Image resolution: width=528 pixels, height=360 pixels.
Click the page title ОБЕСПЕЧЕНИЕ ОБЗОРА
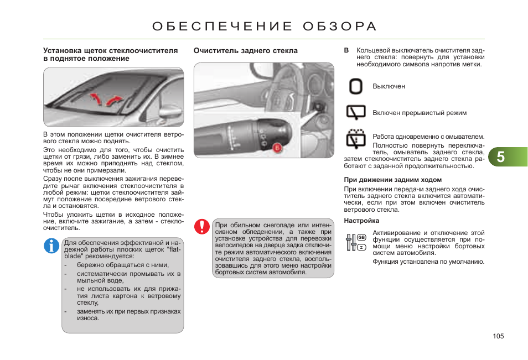pyautogui.click(x=264, y=27)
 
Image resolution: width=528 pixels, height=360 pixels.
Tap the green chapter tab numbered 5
pyautogui.click(x=501, y=157)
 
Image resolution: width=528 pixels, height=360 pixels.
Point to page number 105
pyautogui.click(x=498, y=336)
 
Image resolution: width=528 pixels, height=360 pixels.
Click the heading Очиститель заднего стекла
pyautogui.click(x=245, y=51)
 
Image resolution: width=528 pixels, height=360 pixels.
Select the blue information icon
pyautogui.click(x=51, y=246)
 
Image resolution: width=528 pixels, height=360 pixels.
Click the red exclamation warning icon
pyautogui.click(x=201, y=226)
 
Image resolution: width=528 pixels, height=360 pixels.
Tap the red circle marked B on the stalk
pyautogui.click(x=277, y=148)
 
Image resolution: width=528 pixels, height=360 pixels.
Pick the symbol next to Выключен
pyautogui.click(x=356, y=87)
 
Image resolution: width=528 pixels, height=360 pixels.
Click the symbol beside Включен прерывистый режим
pyautogui.click(x=356, y=113)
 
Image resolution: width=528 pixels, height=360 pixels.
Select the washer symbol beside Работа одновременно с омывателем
pyautogui.click(x=356, y=138)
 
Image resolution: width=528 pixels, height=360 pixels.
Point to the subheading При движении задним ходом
pyautogui.click(x=392, y=180)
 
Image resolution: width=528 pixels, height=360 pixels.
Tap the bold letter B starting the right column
pyautogui.click(x=346, y=50)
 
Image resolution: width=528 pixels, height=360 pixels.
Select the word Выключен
pyautogui.click(x=389, y=87)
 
